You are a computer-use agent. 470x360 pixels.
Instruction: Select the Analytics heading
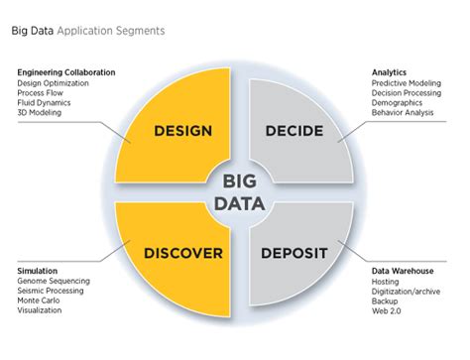pos(390,72)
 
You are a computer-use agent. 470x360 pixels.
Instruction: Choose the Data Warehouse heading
pos(402,270)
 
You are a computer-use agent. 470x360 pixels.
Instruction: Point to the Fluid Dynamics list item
pos(46,102)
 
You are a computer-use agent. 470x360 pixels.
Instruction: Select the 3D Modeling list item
pos(40,112)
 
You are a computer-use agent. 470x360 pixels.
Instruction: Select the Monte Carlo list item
pos(40,300)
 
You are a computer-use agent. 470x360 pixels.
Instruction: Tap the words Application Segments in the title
pos(111,31)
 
